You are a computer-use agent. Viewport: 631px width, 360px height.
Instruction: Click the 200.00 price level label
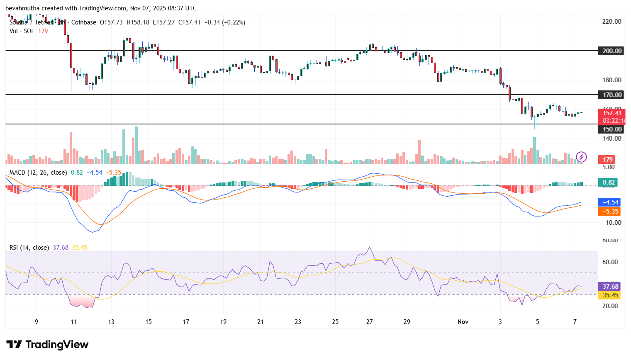pyautogui.click(x=612, y=51)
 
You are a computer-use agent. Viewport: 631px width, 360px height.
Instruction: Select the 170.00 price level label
pyautogui.click(x=612, y=95)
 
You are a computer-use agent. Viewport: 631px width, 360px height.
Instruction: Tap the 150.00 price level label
pyautogui.click(x=612, y=129)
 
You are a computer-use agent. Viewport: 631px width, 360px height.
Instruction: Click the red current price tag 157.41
pyautogui.click(x=612, y=113)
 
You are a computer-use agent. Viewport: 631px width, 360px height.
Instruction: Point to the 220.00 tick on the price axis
pyautogui.click(x=612, y=21)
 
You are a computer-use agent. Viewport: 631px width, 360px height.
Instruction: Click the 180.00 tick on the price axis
pyautogui.click(x=612, y=80)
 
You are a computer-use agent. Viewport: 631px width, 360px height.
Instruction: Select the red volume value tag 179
pyautogui.click(x=608, y=159)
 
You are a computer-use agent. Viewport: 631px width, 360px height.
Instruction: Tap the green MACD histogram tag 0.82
pyautogui.click(x=609, y=182)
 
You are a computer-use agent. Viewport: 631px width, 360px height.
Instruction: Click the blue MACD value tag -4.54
pyautogui.click(x=609, y=202)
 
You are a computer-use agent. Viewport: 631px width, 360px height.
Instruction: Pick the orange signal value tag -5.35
pyautogui.click(x=609, y=211)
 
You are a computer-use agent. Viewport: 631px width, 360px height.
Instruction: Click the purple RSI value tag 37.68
pyautogui.click(x=610, y=286)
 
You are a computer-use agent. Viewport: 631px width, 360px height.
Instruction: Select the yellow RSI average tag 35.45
pyautogui.click(x=610, y=295)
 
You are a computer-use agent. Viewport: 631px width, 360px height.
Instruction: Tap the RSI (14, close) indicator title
pyautogui.click(x=29, y=248)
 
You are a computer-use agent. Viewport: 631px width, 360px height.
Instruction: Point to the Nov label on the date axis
pyautogui.click(x=463, y=322)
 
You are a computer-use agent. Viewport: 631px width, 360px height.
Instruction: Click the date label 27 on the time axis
pyautogui.click(x=369, y=322)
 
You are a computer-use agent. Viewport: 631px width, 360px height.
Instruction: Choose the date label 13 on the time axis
pyautogui.click(x=111, y=322)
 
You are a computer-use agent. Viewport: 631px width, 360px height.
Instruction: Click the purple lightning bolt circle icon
pyautogui.click(x=581, y=157)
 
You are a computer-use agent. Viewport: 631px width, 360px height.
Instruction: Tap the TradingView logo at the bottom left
pyautogui.click(x=47, y=345)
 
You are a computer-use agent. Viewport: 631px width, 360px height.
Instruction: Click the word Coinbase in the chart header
pyautogui.click(x=83, y=22)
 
